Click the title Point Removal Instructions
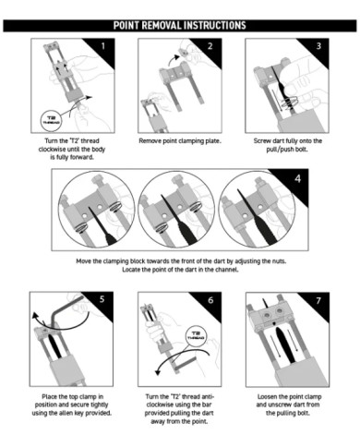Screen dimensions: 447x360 (x=179, y=26)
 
